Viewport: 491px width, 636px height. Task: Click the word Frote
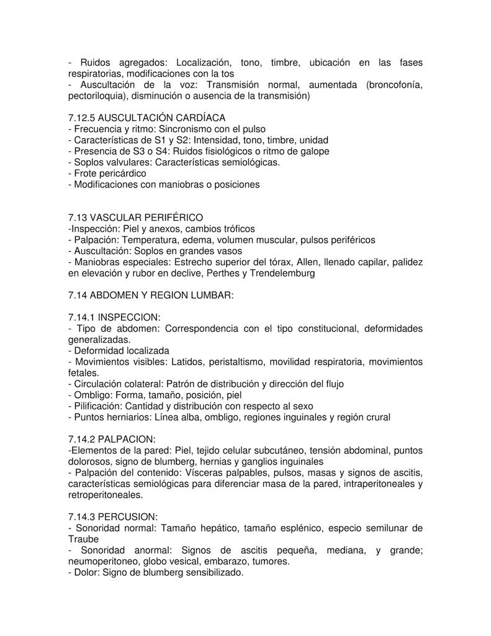point(87,173)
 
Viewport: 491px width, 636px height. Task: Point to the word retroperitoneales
point(104,495)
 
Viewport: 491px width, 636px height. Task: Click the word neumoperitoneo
point(104,561)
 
